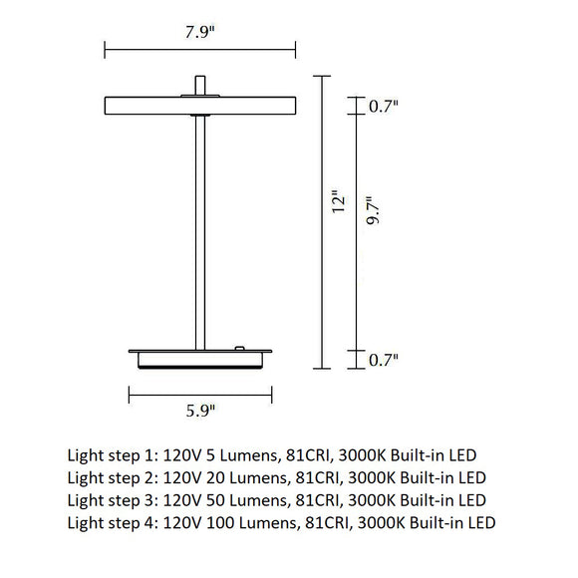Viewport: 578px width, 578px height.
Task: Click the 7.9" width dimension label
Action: [x=199, y=31]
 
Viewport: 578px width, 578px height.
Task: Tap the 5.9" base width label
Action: [x=199, y=410]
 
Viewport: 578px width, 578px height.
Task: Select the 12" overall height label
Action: [x=339, y=203]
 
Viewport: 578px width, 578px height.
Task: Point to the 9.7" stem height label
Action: [x=374, y=211]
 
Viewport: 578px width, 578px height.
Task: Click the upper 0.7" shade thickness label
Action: [x=384, y=105]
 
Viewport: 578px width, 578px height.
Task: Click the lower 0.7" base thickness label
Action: [x=384, y=360]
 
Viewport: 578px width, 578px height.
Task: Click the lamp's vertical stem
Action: [x=201, y=229]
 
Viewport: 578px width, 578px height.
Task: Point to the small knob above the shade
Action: [x=201, y=85]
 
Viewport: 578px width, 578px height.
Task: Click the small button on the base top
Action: [x=239, y=347]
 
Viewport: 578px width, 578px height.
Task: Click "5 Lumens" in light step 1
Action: [x=225, y=453]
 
